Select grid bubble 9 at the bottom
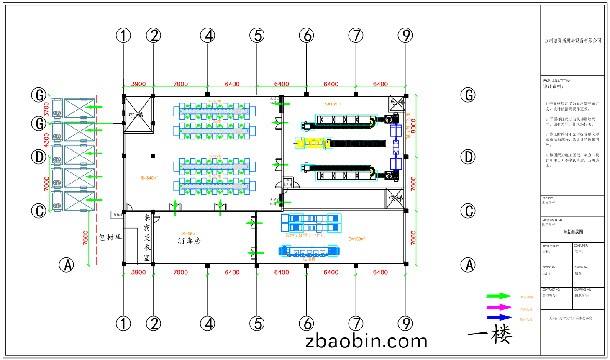[405, 323]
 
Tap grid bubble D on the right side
[468, 157]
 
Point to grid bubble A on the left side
[66, 265]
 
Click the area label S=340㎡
[149, 178]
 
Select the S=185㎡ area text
[333, 104]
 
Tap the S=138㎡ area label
[356, 239]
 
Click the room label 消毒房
[189, 241]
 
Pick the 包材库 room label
[110, 237]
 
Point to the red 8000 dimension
[413, 126]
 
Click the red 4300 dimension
[46, 140]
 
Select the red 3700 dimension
[46, 109]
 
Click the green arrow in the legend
[499, 296]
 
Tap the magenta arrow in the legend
[499, 307]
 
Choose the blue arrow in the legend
[499, 318]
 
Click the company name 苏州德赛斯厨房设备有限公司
[572, 41]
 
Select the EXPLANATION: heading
[556, 81]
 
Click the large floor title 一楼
[490, 334]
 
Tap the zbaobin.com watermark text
[367, 341]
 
